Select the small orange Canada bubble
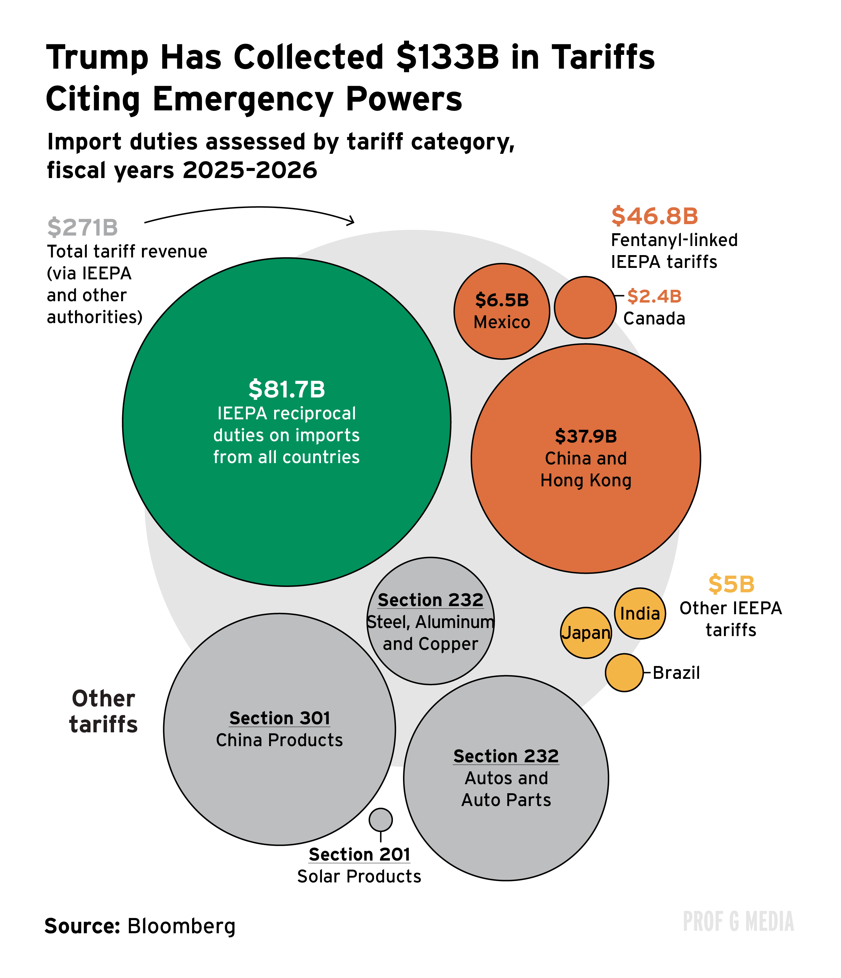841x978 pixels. (x=585, y=307)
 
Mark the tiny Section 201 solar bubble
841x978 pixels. (x=381, y=819)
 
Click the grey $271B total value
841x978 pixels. (x=82, y=228)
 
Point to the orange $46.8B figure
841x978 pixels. (x=654, y=216)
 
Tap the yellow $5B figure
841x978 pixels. (x=731, y=584)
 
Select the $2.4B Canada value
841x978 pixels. (x=654, y=296)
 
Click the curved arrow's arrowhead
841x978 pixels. (x=351, y=220)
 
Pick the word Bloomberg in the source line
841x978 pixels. (x=181, y=926)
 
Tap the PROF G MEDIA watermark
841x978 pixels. (x=738, y=922)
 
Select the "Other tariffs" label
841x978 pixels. (x=103, y=711)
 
